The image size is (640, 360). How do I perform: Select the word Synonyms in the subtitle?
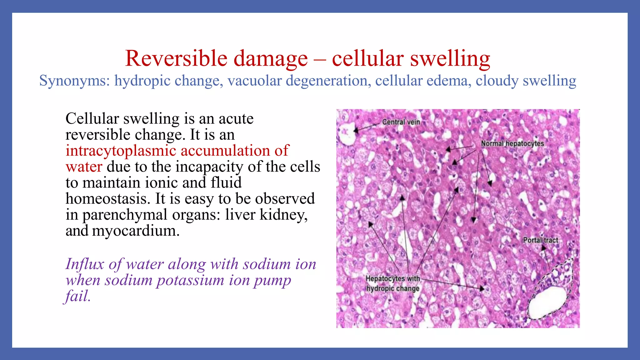[74, 81]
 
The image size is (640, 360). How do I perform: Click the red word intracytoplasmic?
[121, 151]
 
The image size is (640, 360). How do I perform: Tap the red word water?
[84, 167]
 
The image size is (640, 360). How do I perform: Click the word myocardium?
[136, 231]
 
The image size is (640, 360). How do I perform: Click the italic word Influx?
[84, 264]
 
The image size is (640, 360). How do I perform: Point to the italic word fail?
[77, 296]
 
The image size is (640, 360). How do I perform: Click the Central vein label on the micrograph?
[401, 122]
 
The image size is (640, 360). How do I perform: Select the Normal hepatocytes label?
[512, 144]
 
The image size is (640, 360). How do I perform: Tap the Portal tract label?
[540, 240]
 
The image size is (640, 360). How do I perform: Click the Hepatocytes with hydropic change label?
[392, 283]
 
